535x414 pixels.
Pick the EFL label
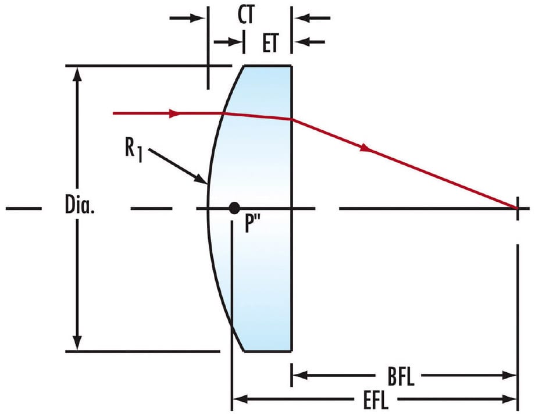click(374, 400)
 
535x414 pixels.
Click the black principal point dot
click(234, 208)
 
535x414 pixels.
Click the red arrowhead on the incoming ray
click(173, 113)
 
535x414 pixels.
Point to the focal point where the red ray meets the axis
click(517, 208)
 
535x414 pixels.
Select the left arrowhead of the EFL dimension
click(238, 399)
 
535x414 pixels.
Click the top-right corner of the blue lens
click(291, 66)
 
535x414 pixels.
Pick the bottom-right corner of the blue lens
click(291, 351)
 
